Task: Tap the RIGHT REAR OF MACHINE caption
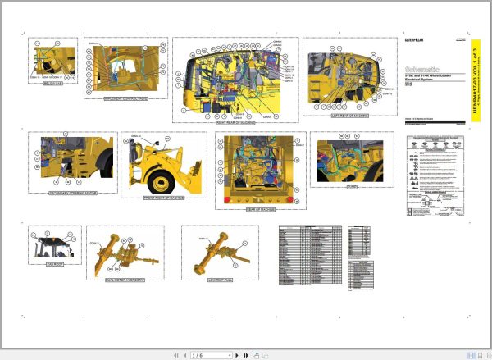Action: coord(235,121)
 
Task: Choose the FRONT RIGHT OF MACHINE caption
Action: coord(165,198)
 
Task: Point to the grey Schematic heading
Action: coord(425,70)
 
